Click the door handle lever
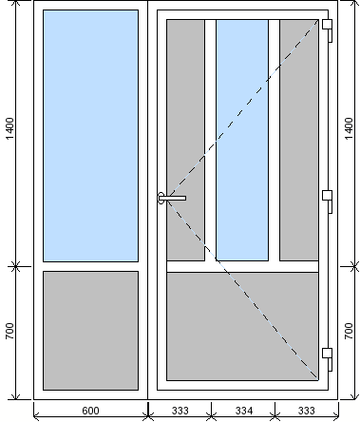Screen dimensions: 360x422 click(x=172, y=198)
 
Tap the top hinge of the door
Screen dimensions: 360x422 click(x=328, y=30)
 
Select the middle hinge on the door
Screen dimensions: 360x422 click(x=328, y=201)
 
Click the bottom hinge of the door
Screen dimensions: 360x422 click(x=328, y=359)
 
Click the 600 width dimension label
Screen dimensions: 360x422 click(x=90, y=411)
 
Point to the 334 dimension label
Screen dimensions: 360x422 click(x=244, y=411)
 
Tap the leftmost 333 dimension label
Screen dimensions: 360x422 click(x=180, y=411)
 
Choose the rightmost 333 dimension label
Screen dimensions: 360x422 click(x=307, y=411)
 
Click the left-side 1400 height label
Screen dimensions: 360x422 click(x=10, y=128)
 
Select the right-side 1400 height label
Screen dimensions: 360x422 click(x=349, y=128)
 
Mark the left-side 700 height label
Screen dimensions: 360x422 click(x=10, y=331)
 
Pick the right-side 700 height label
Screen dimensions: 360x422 click(x=349, y=331)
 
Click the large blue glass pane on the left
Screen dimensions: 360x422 click(x=90, y=136)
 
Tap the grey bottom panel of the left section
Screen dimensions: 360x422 click(x=90, y=331)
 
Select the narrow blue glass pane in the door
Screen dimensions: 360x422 click(x=242, y=140)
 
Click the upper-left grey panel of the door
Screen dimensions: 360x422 click(x=185, y=140)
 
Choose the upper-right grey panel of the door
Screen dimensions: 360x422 click(x=299, y=140)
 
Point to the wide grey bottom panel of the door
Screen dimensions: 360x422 click(x=242, y=326)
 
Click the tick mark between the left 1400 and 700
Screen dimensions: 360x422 click(x=16, y=266)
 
